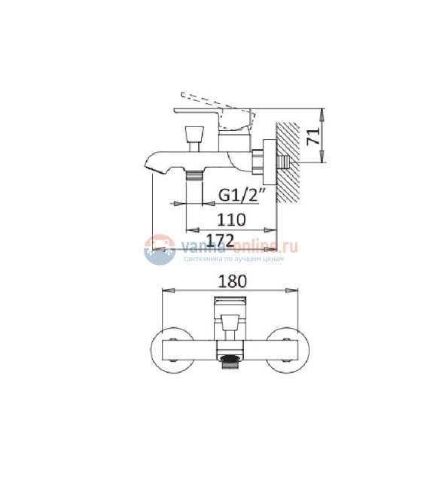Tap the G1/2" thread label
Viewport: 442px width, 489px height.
tap(242, 196)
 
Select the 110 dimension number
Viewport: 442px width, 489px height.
tap(231, 220)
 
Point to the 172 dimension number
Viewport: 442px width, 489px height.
tap(221, 241)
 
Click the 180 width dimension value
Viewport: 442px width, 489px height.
tap(232, 281)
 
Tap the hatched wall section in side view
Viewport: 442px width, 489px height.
tap(288, 162)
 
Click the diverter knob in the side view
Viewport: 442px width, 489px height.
tap(194, 138)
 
